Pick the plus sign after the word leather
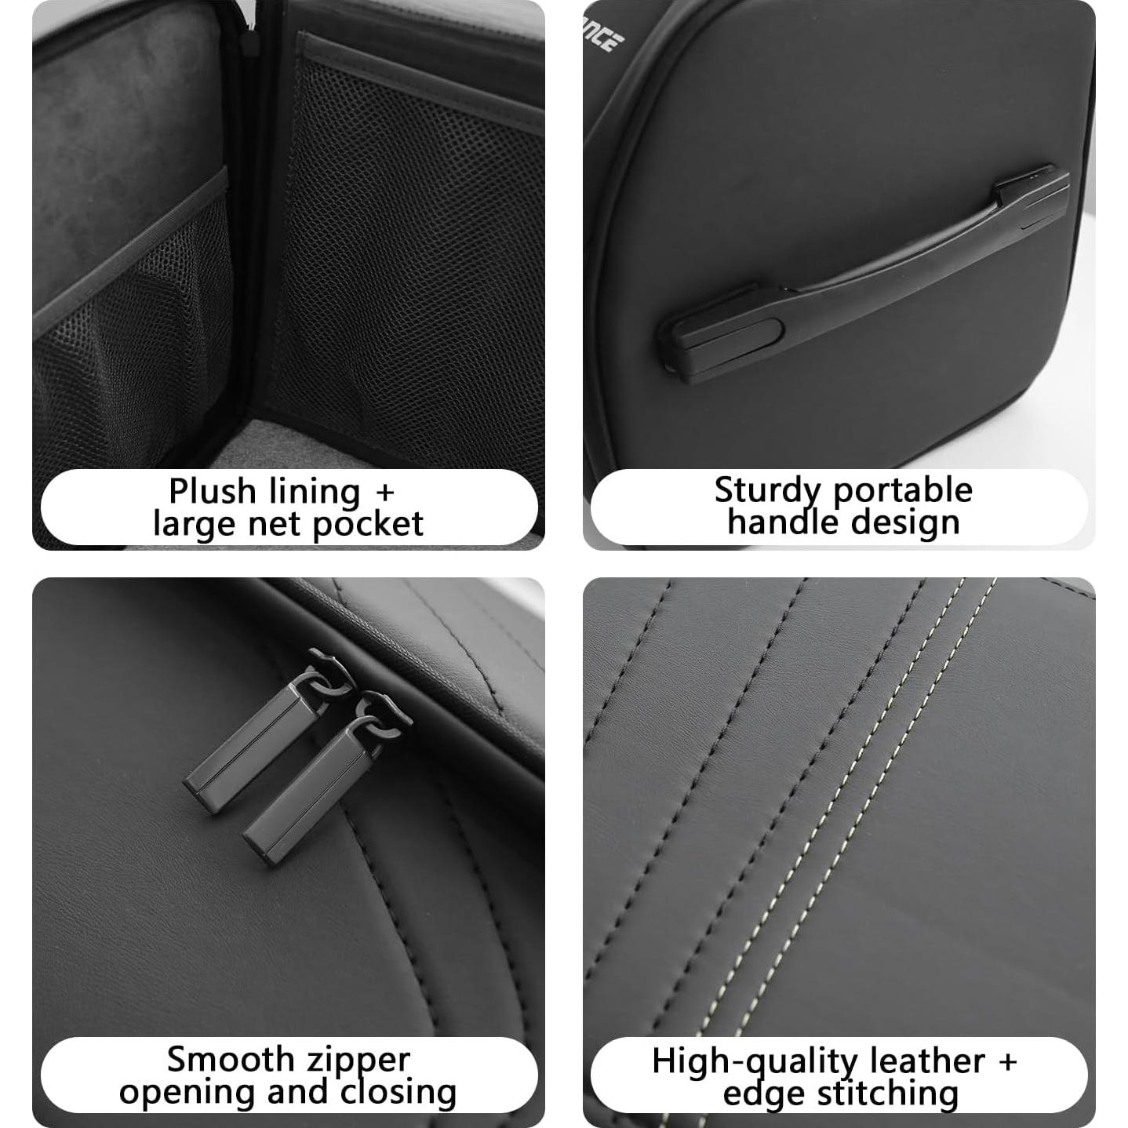(1006, 1061)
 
